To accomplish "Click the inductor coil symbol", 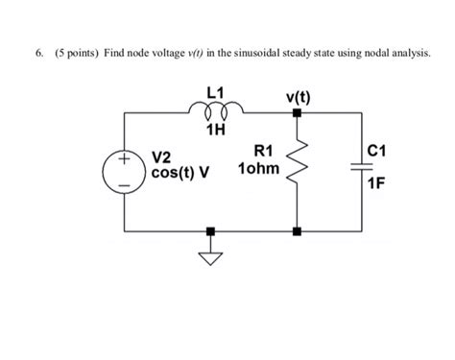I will (213, 112).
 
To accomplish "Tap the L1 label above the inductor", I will (213, 94).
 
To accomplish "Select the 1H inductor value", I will (214, 131).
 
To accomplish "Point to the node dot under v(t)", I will (298, 112).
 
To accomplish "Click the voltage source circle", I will (124, 172).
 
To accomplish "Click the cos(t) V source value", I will (180, 174).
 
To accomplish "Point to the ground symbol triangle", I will (210, 256).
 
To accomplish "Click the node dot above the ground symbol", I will (210, 231).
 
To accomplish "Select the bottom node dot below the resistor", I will (298, 231).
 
